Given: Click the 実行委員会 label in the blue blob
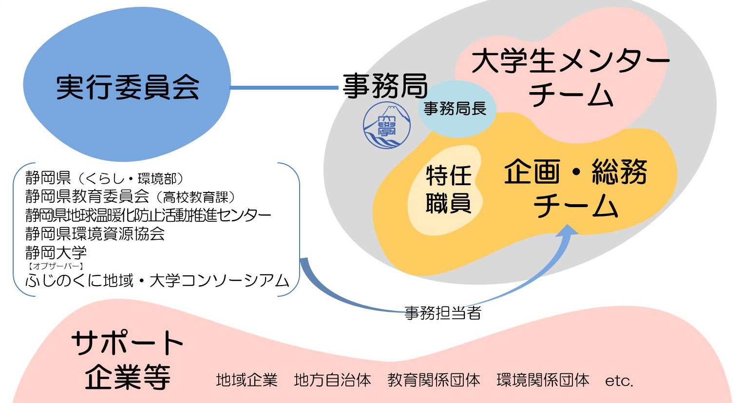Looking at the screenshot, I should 128,88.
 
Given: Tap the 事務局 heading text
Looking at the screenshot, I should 385,86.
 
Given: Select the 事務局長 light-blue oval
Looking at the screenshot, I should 455,109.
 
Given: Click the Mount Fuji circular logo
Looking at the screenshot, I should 387,126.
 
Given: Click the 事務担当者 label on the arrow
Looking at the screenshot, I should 443,312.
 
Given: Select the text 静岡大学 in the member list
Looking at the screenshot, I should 56,252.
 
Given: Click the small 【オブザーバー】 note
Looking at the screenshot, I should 56,266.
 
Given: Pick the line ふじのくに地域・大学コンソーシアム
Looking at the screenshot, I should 157,281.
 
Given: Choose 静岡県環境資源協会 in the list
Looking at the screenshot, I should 95,234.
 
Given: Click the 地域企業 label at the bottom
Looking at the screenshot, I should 247,380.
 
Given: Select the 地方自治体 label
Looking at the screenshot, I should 332,380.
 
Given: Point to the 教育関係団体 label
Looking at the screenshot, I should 434,380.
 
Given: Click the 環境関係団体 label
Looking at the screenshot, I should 543,380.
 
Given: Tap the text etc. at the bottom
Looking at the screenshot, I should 619,381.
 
